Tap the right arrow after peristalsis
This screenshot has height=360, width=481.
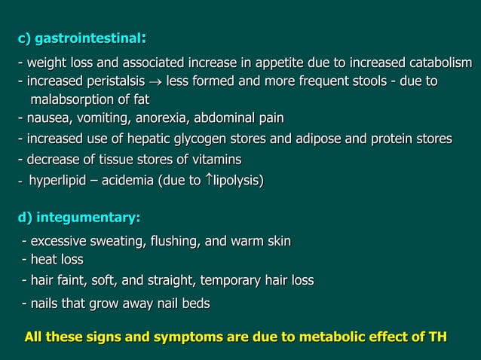click(x=156, y=81)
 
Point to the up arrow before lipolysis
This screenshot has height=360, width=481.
click(x=210, y=180)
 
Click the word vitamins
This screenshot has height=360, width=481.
click(x=213, y=159)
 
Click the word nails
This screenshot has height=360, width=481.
click(x=45, y=304)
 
